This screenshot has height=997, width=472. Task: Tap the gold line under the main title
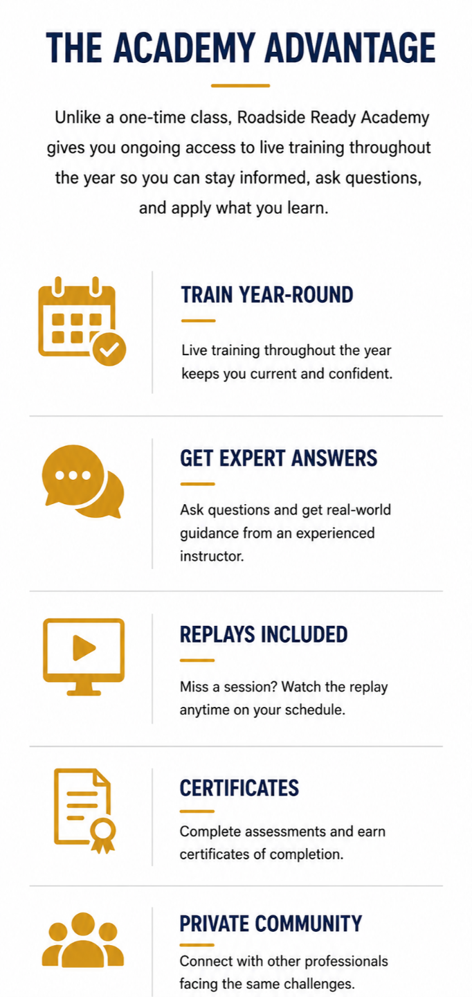(x=240, y=85)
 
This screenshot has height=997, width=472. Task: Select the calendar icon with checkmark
(x=82, y=321)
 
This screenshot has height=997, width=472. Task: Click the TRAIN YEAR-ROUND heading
(x=267, y=295)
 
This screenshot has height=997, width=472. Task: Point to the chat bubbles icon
(x=83, y=482)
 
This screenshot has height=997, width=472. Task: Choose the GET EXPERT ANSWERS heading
(x=278, y=458)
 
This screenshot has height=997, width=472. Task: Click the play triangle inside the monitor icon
(x=84, y=647)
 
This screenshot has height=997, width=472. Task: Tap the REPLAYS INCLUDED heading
(x=264, y=634)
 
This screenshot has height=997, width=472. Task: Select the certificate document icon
(x=84, y=811)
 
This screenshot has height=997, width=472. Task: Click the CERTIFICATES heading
(x=239, y=788)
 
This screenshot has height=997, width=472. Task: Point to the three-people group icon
(x=83, y=940)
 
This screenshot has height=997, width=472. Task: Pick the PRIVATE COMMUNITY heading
(x=271, y=924)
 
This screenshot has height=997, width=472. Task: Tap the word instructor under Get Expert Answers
(x=212, y=556)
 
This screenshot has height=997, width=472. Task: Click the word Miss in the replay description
(x=194, y=687)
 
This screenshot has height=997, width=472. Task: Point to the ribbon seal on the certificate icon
(x=103, y=835)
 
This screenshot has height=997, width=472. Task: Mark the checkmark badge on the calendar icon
(x=109, y=349)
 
